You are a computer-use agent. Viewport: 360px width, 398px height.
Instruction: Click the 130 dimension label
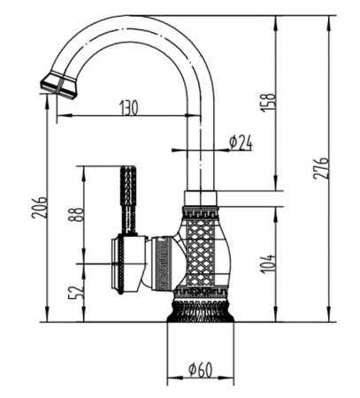click(129, 107)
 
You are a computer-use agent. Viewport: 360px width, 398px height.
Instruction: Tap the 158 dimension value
click(268, 102)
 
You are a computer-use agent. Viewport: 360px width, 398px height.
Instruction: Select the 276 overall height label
click(320, 168)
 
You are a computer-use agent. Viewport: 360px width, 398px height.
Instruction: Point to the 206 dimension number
click(39, 207)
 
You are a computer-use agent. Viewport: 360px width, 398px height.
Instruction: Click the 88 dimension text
click(76, 215)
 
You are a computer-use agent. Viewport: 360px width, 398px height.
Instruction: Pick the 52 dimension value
click(76, 292)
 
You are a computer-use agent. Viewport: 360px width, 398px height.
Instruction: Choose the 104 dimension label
click(268, 264)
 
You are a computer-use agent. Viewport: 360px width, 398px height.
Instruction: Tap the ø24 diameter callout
click(241, 143)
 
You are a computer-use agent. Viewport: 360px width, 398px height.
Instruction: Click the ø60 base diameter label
click(200, 370)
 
